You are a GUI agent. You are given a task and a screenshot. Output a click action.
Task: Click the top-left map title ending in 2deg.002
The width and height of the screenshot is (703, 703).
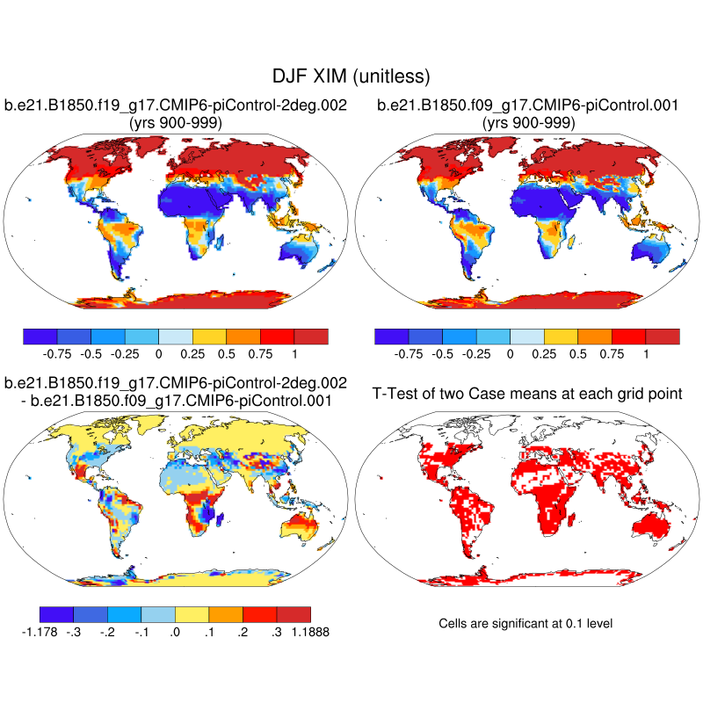(175, 105)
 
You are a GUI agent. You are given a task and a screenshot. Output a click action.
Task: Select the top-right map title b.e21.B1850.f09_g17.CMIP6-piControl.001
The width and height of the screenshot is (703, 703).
(527, 105)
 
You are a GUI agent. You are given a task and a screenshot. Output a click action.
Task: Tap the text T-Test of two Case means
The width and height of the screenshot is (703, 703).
(527, 394)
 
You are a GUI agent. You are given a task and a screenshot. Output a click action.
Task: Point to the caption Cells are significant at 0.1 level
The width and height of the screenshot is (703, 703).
(525, 623)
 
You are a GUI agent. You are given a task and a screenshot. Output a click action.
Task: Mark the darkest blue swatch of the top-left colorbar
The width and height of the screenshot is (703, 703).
(40, 337)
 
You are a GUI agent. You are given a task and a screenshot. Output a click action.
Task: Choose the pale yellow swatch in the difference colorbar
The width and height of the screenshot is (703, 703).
(192, 615)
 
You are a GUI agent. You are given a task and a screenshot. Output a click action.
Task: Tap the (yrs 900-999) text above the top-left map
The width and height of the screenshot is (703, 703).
(175, 123)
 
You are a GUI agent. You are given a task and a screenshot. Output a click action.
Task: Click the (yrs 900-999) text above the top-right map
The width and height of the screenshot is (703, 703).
(527, 123)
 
